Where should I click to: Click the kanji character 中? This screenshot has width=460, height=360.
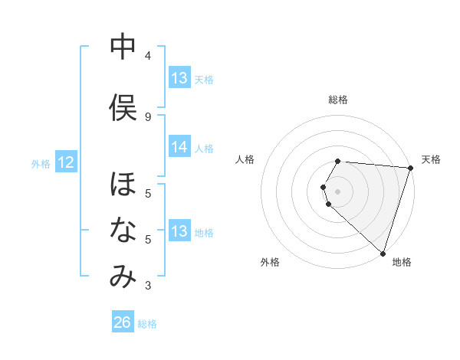pyautogui.click(x=123, y=47)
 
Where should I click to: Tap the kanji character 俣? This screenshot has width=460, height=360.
pyautogui.click(x=123, y=108)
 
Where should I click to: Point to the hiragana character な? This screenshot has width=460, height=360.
pyautogui.click(x=123, y=231)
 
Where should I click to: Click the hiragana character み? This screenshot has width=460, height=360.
pyautogui.click(x=123, y=277)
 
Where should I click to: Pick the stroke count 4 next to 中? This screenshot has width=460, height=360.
pyautogui.click(x=147, y=56)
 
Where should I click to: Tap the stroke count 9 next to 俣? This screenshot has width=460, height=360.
pyautogui.click(x=147, y=116)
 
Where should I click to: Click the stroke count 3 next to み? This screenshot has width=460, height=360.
pyautogui.click(x=147, y=286)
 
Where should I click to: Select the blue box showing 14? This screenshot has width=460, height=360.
pyautogui.click(x=179, y=147)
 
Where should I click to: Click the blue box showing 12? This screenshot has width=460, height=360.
pyautogui.click(x=65, y=162)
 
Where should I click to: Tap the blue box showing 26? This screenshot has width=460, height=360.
pyautogui.click(x=122, y=322)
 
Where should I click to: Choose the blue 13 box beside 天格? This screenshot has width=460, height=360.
pyautogui.click(x=179, y=78)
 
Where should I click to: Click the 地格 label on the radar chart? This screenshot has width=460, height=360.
pyautogui.click(x=402, y=262)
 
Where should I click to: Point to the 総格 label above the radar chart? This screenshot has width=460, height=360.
pyautogui.click(x=338, y=100)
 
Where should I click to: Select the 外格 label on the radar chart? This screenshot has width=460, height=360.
pyautogui.click(x=269, y=262)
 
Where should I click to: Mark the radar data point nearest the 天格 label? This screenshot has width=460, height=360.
pyautogui.click(x=410, y=168)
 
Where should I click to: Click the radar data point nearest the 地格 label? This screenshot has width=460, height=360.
pyautogui.click(x=383, y=253)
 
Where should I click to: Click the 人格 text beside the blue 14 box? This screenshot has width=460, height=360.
pyautogui.click(x=204, y=148)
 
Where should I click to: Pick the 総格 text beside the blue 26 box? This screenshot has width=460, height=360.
pyautogui.click(x=147, y=324)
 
